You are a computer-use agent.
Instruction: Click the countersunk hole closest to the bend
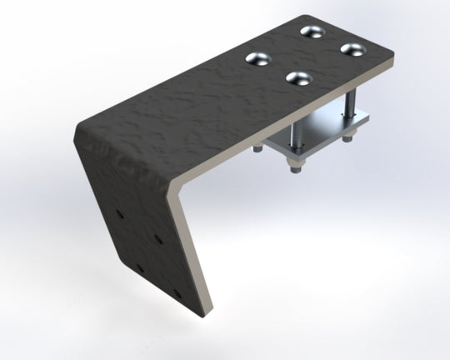[x=258, y=59]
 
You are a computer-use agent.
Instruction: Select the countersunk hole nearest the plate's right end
[x=353, y=48]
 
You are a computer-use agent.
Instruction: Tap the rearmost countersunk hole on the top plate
[x=313, y=32]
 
